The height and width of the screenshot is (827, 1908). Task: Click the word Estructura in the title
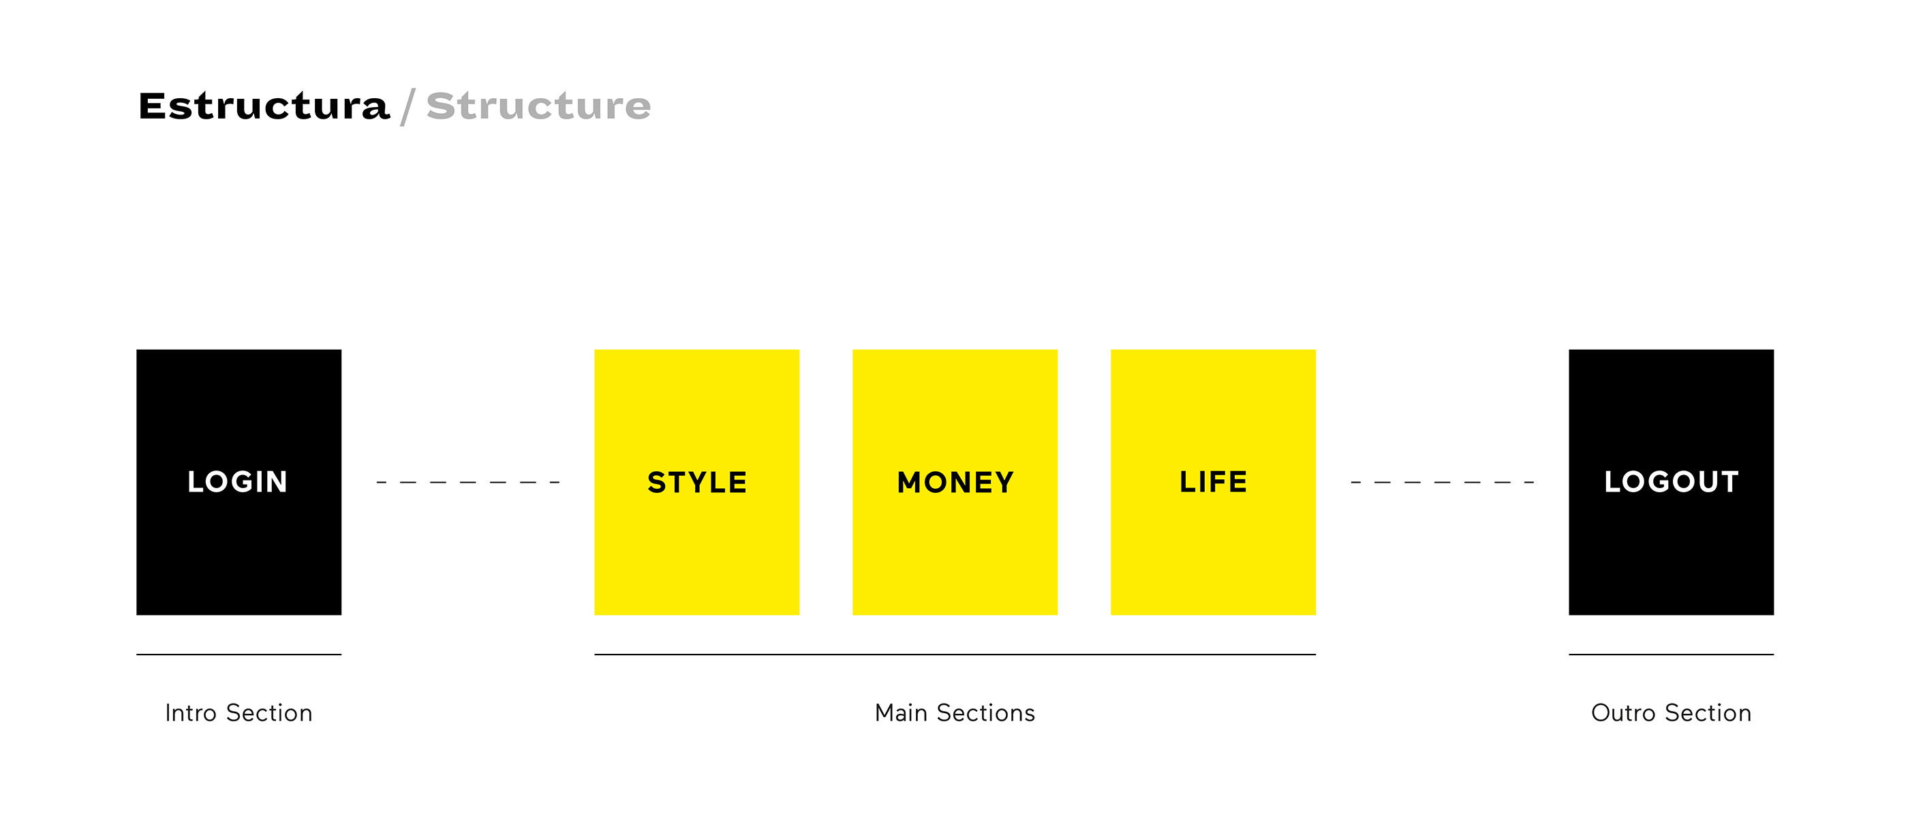264,106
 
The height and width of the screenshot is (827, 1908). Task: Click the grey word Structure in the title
538,106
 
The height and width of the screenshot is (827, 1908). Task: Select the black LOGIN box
238,481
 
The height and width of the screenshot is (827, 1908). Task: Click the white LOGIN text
238,481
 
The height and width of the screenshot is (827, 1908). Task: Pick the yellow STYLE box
697,481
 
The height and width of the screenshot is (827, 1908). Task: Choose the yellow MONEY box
955,481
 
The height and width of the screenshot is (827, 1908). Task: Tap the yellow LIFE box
1213,481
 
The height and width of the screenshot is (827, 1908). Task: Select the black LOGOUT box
1671,481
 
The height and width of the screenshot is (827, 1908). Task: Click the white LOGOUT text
1671,481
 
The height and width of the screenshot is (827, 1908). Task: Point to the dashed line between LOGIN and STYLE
468,483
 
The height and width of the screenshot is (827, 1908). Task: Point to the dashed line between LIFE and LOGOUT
1442,483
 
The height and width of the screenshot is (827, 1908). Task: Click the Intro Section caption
238,713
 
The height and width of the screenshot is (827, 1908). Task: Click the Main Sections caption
955,713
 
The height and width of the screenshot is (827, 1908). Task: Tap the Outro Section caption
1671,713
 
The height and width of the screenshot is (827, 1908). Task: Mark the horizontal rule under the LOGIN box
238,655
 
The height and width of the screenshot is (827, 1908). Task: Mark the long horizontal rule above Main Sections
955,655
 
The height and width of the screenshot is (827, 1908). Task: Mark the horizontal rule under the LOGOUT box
1671,655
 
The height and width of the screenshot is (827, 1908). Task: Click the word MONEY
955,483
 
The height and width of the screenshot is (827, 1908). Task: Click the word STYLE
697,483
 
